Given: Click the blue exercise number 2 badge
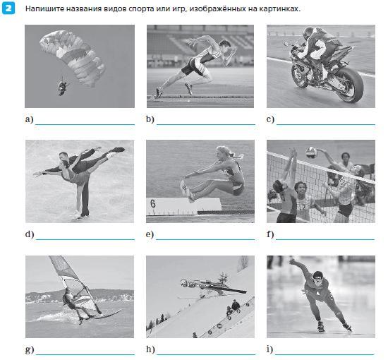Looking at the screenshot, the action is (8, 8).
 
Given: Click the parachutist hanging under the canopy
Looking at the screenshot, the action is (63, 87).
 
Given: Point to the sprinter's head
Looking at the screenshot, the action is (225, 47).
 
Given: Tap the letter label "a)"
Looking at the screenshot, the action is (29, 119).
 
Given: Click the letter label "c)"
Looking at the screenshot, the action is (270, 119).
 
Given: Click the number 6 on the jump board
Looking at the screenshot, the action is (153, 204).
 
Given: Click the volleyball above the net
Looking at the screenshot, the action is (311, 152).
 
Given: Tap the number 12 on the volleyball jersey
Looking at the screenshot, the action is (302, 208).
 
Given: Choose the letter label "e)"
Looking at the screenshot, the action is (150, 234).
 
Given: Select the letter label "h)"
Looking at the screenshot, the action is (150, 349).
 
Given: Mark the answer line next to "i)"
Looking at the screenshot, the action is (325, 354).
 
